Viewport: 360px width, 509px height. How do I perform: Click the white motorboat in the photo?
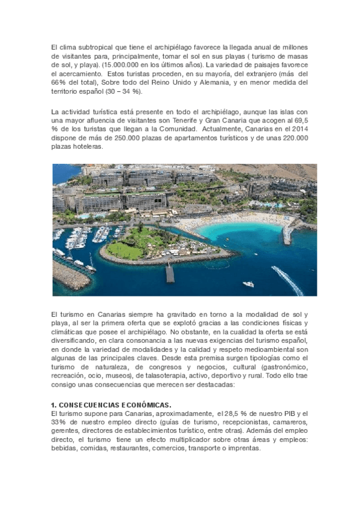click(248, 284)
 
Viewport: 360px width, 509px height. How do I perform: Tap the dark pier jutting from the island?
click(170, 273)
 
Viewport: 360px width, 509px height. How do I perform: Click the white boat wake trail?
click(287, 279)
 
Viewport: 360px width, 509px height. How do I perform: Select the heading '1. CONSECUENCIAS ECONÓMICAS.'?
click(112, 405)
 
